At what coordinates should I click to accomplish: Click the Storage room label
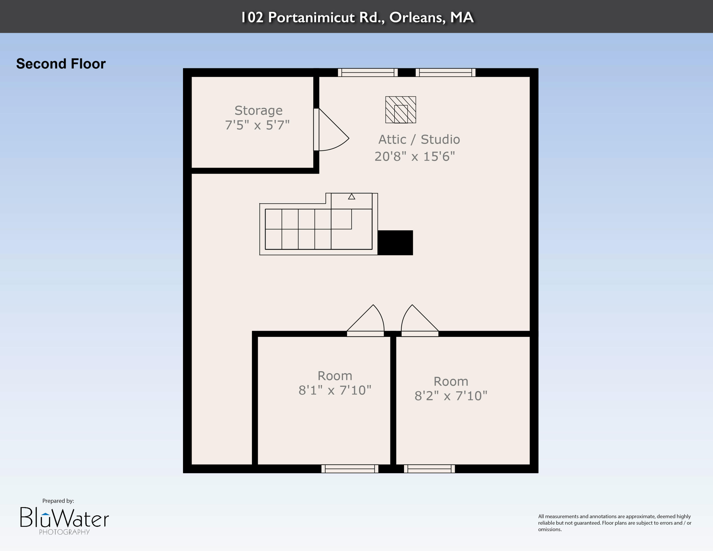tap(259, 111)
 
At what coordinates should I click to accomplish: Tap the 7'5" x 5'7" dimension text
tap(257, 125)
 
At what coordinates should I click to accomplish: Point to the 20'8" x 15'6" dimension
tap(415, 156)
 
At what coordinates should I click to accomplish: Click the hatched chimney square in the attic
tap(400, 110)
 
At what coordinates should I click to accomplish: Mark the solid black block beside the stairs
tap(395, 242)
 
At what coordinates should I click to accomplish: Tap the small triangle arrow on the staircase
tap(351, 197)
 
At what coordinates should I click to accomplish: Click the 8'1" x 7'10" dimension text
tap(335, 390)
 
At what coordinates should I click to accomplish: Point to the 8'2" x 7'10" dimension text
tap(451, 396)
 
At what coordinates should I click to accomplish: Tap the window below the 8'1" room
tap(350, 469)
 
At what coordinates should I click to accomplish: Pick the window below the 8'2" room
tap(429, 469)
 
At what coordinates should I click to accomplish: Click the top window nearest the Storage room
tap(368, 72)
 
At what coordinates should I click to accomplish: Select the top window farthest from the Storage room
tap(445, 72)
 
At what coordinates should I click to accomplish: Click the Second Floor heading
tap(61, 64)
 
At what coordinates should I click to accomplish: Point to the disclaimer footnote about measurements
tap(615, 523)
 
